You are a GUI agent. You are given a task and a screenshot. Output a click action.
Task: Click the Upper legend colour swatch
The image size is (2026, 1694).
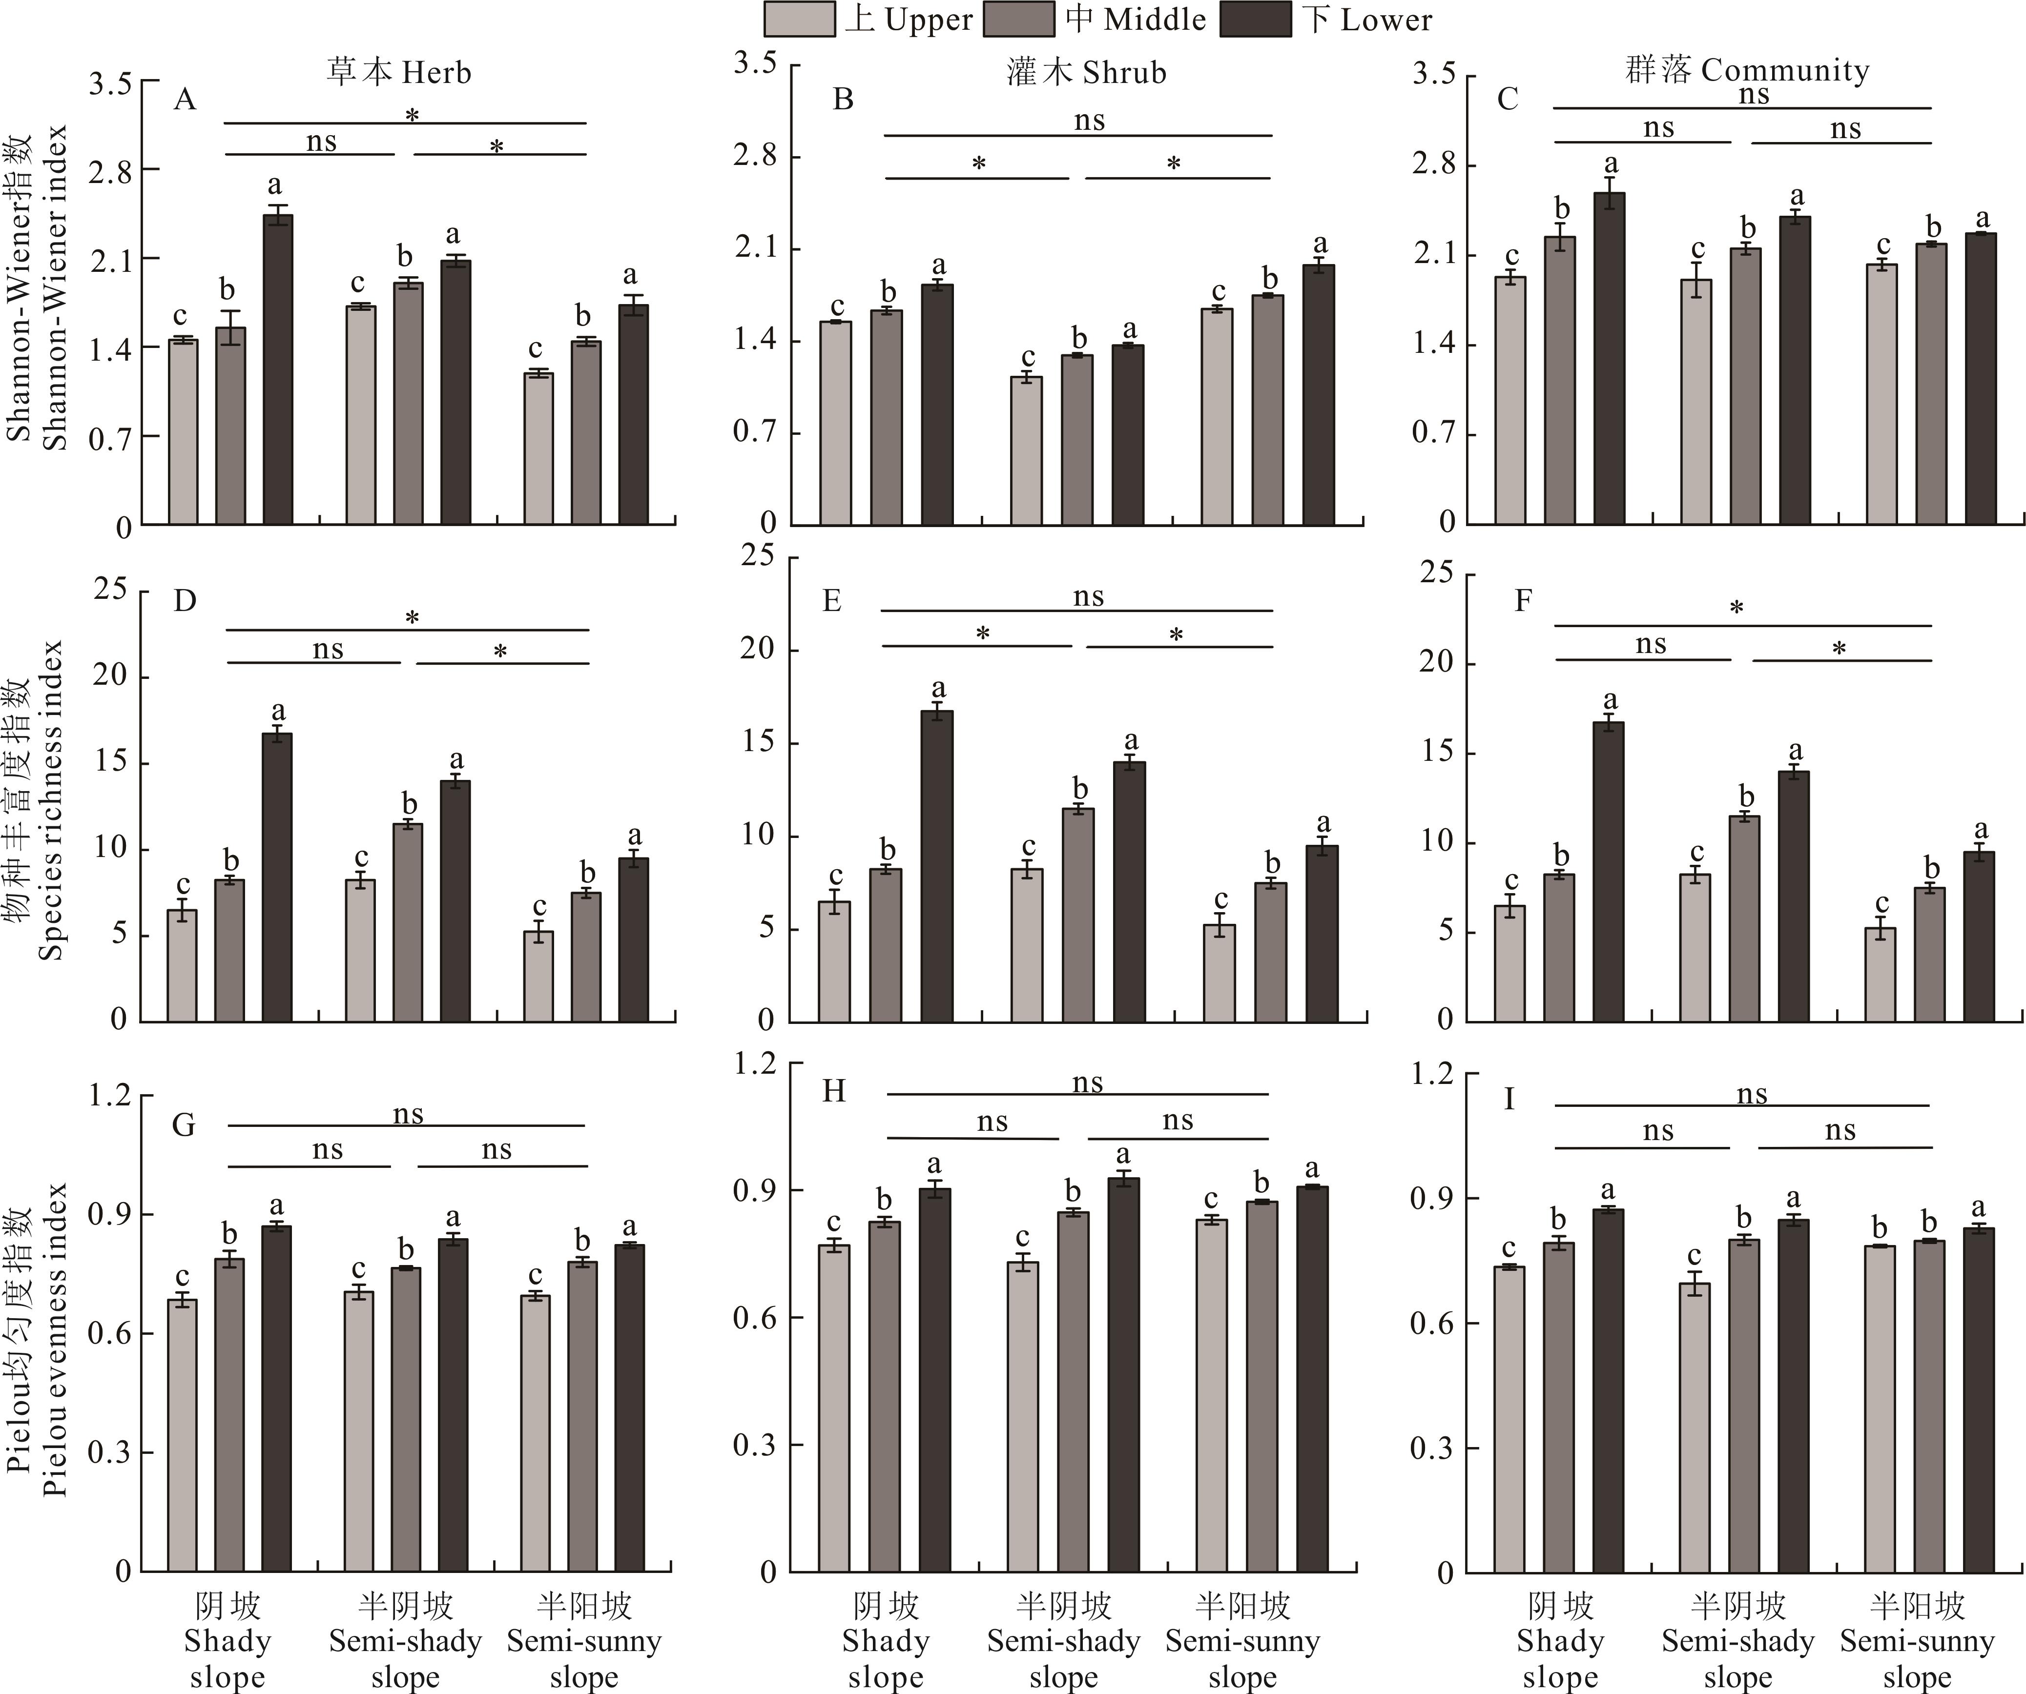point(799,20)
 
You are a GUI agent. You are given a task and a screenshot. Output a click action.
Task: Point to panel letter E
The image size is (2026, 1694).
point(831,601)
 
